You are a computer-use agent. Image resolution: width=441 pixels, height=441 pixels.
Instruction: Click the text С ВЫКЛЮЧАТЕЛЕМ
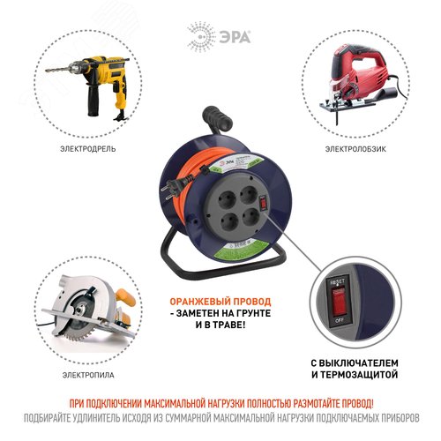pos(363,363)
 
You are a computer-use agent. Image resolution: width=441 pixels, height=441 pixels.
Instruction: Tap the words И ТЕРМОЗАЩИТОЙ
pos(363,377)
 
